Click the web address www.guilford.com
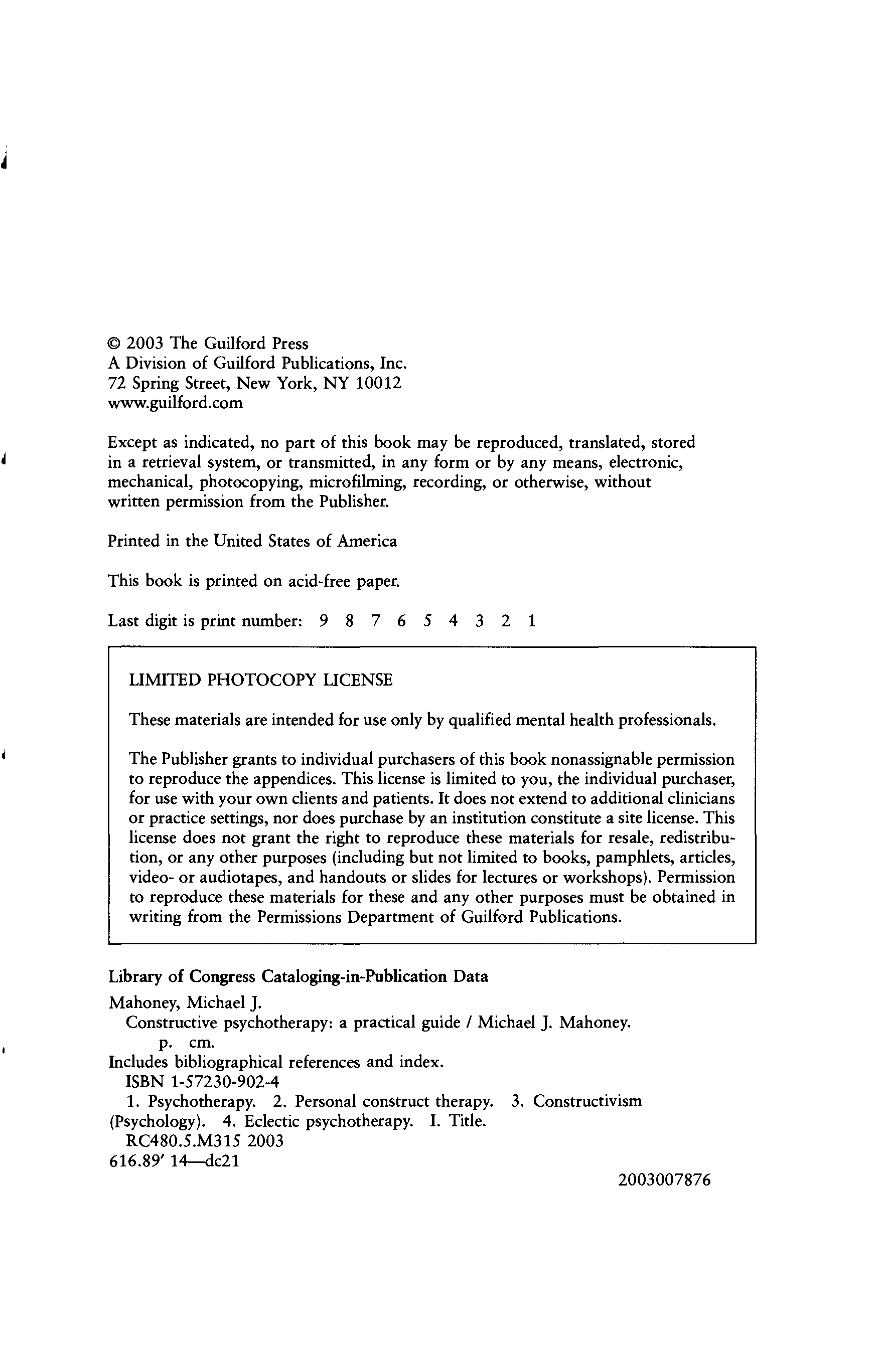click(x=175, y=403)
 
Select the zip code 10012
click(x=379, y=384)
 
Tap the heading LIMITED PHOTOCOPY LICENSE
click(x=261, y=680)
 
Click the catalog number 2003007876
click(x=664, y=1181)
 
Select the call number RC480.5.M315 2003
click(x=204, y=1141)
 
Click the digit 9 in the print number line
click(x=324, y=621)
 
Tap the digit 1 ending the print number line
click(x=532, y=621)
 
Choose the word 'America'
click(x=367, y=542)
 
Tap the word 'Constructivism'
click(x=587, y=1101)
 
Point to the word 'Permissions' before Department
click(x=300, y=917)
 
